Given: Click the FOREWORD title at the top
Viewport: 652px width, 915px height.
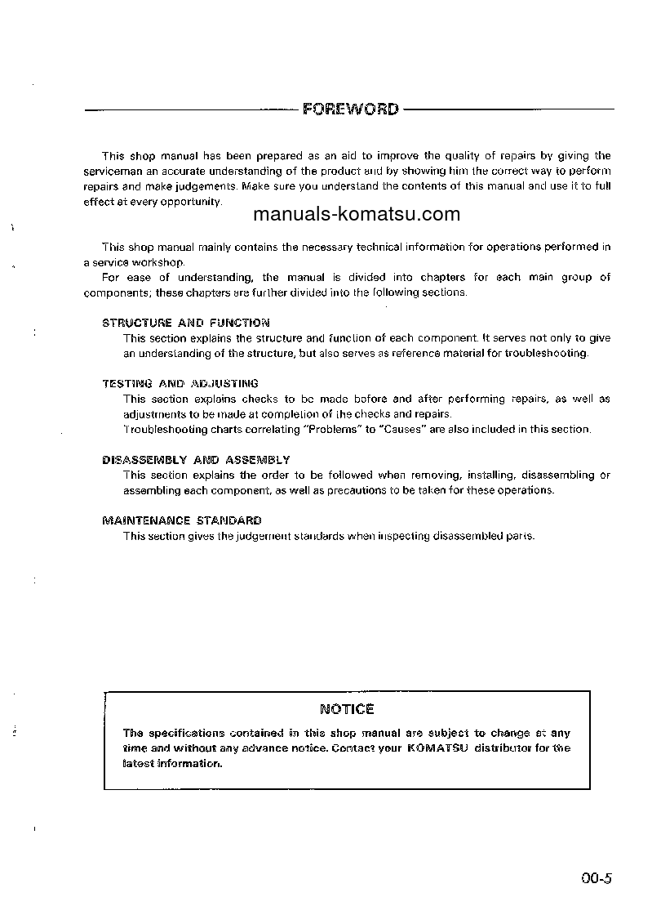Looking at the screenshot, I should click(350, 109).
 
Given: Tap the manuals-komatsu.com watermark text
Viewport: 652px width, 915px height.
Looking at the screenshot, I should click(357, 215).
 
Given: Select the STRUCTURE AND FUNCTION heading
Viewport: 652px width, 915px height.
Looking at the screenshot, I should click(186, 323).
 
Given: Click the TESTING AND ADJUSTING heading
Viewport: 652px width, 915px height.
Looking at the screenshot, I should click(180, 383).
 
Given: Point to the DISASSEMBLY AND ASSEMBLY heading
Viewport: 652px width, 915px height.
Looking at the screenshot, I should click(196, 460).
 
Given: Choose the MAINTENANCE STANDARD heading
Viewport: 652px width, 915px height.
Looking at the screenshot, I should click(182, 520).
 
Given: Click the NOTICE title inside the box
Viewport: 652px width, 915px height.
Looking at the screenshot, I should click(347, 709).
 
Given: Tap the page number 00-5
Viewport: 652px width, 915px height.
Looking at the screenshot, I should click(597, 879).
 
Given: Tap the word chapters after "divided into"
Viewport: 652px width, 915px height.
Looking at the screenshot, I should click(443, 277).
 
